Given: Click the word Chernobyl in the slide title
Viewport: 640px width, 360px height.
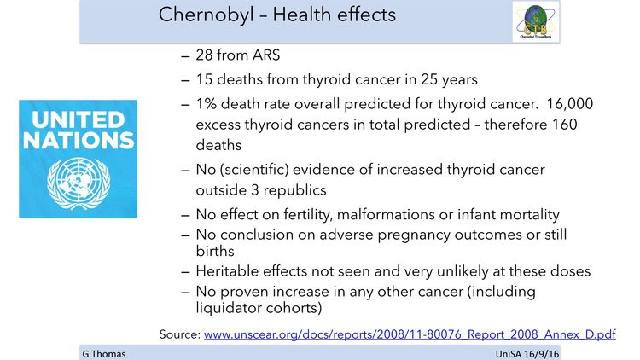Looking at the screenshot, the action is (x=207, y=15).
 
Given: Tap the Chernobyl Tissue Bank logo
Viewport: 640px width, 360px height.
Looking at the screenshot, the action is (x=536, y=21).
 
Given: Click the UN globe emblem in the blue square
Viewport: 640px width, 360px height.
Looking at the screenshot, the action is (x=79, y=183).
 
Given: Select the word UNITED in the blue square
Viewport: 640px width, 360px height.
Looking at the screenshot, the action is (x=79, y=119).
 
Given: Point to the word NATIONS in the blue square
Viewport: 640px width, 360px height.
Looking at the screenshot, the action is (x=79, y=140).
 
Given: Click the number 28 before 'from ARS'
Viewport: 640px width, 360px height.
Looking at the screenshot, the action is (x=204, y=55).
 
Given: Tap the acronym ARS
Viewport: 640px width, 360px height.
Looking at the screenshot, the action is (x=266, y=55).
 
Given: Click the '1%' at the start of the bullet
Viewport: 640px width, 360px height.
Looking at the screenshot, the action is (x=207, y=104).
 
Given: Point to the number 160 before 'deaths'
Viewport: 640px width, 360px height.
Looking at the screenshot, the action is (x=565, y=124).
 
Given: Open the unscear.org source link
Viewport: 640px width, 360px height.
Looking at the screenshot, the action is (x=410, y=334).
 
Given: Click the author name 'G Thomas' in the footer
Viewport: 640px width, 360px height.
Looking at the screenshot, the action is (x=103, y=354).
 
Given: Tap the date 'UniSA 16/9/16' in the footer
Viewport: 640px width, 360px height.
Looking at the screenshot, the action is (x=527, y=354).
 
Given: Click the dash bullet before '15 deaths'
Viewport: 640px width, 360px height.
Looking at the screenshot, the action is (x=185, y=80).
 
